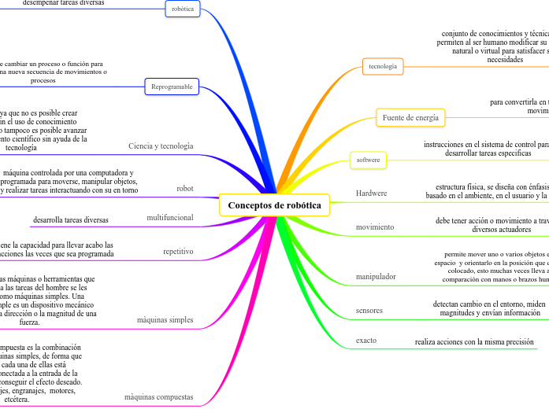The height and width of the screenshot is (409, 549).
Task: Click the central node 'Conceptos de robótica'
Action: (x=274, y=205)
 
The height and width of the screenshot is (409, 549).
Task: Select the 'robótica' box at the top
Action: (x=183, y=9)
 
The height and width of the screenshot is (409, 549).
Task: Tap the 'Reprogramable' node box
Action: (x=172, y=87)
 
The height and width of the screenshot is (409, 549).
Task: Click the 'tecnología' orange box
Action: (x=383, y=66)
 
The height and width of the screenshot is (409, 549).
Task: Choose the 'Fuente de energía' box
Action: (x=410, y=117)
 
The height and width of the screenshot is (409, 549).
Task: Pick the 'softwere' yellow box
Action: (x=368, y=160)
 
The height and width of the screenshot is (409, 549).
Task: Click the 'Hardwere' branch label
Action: (x=372, y=193)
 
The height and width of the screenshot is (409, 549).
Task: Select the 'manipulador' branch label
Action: (x=376, y=276)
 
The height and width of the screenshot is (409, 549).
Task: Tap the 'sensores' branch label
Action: (x=369, y=310)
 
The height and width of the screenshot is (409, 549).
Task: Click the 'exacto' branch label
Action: (x=366, y=341)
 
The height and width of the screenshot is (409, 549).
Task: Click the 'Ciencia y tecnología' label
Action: (x=161, y=146)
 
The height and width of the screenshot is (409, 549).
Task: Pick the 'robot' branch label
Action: (x=185, y=189)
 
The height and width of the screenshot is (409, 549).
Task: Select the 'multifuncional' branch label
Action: (x=170, y=217)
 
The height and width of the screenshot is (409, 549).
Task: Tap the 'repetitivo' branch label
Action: (x=178, y=251)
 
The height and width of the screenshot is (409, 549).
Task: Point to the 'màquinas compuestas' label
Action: (x=159, y=397)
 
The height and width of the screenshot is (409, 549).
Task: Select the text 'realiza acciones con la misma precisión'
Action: (x=475, y=342)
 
